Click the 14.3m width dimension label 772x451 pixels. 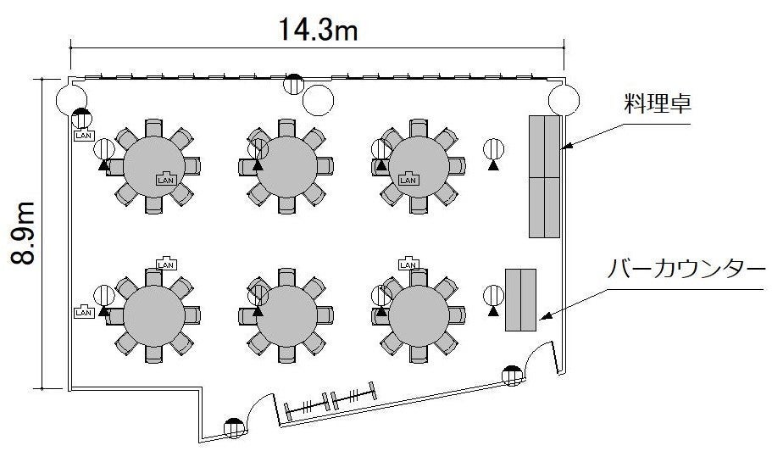pos(318,29)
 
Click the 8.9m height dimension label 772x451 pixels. pos(23,233)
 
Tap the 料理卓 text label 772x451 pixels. pos(658,104)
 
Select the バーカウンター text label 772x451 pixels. pos(686,270)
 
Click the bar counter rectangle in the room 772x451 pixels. pos(520,300)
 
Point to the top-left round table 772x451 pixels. pos(153,166)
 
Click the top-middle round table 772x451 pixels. pos(286,166)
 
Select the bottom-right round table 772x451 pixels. pos(419,315)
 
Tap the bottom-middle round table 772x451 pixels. pos(286,315)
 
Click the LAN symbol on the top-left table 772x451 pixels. pos(166,179)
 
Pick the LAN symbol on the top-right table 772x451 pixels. pos(408,179)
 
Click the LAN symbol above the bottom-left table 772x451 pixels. pos(166,264)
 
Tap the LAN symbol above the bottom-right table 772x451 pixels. pos(408,264)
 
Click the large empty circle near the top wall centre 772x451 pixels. pos(318,100)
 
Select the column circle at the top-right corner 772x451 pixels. pos(564,100)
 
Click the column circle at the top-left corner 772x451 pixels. pos(71,100)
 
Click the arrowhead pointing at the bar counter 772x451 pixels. pos(543,317)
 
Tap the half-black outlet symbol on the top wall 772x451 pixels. pos(294,83)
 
